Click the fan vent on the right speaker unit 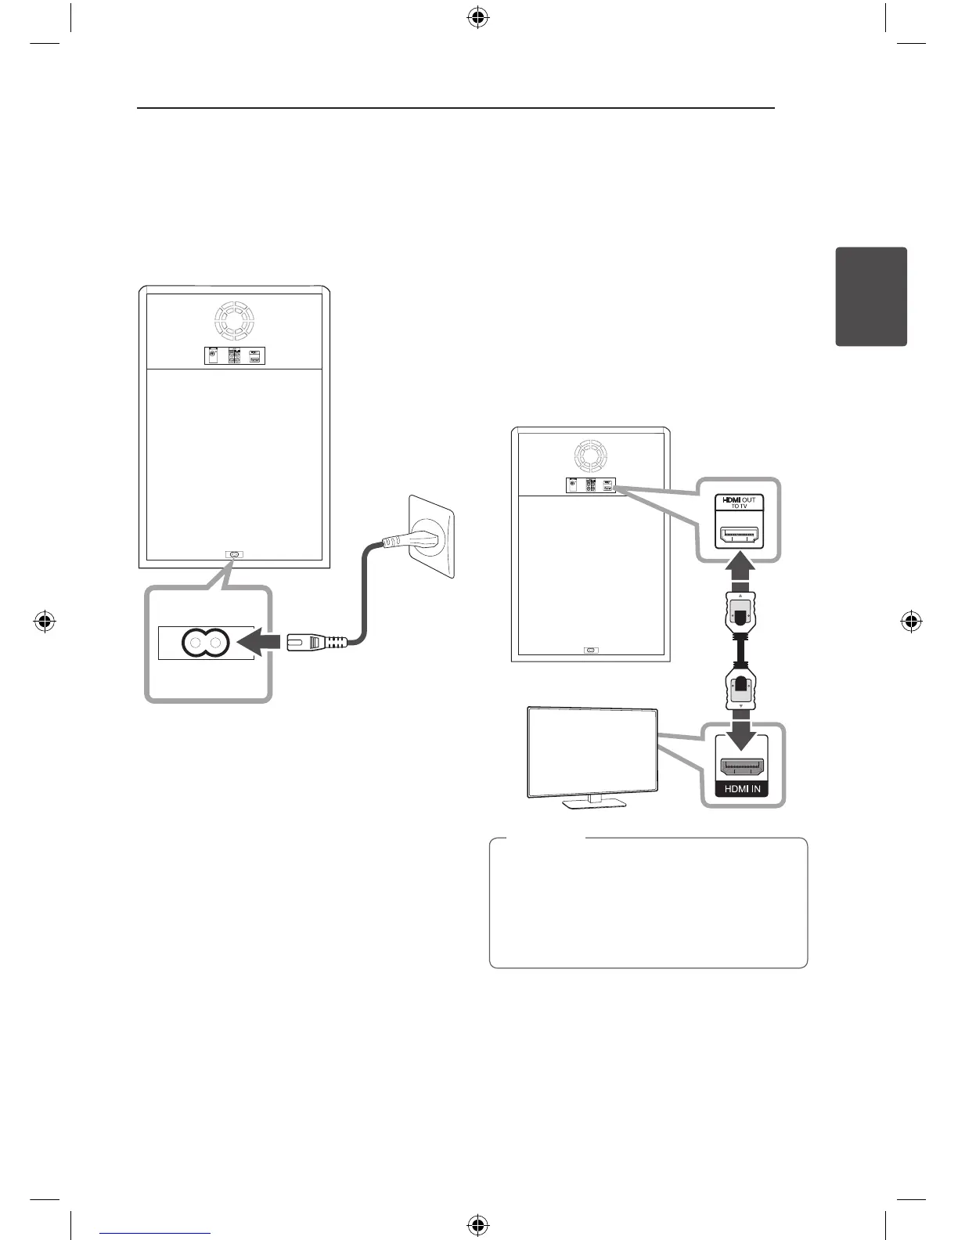pyautogui.click(x=591, y=455)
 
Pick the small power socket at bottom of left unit pyautogui.click(x=234, y=554)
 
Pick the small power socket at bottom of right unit pyautogui.click(x=591, y=650)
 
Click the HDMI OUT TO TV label pyautogui.click(x=738, y=502)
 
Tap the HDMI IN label pyautogui.click(x=742, y=788)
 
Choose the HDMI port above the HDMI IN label pyautogui.click(x=742, y=765)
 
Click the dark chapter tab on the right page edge pyautogui.click(x=871, y=297)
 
